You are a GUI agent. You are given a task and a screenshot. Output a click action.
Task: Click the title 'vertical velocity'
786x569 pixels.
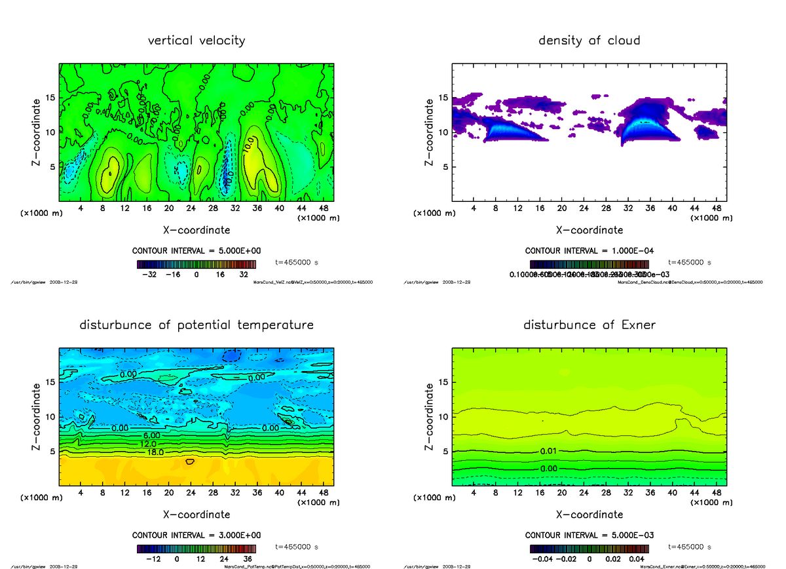tap(196, 41)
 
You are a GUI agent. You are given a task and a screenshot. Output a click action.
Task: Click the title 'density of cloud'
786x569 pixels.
tap(589, 41)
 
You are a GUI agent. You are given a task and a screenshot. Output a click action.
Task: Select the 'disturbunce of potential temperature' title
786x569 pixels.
tap(196, 325)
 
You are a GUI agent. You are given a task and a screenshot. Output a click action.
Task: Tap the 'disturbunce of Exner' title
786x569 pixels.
tap(589, 325)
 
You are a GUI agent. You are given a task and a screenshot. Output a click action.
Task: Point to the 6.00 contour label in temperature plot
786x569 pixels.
tap(151, 435)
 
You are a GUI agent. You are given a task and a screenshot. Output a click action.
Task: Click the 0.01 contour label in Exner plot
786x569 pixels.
tap(549, 452)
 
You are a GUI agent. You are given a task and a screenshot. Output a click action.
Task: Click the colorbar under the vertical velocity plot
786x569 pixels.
tap(196, 264)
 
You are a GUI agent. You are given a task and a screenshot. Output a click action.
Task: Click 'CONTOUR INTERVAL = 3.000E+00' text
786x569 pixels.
tap(196, 535)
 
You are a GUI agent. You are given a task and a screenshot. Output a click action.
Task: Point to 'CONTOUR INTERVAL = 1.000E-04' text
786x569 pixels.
tap(589, 250)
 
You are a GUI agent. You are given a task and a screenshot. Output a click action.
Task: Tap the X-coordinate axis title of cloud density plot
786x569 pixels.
tap(589, 230)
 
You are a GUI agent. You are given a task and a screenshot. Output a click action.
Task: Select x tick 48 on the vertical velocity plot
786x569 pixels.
tap(323, 208)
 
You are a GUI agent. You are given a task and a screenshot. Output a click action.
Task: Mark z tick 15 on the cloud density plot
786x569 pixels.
tap(443, 98)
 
